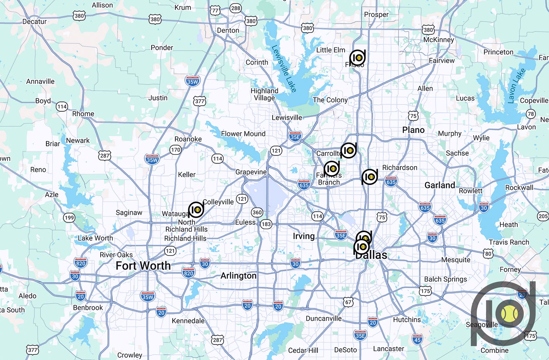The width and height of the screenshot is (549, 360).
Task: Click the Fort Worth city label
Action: click(x=143, y=266)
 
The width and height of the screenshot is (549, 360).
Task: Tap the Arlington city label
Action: click(x=238, y=276)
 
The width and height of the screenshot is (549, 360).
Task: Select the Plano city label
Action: click(x=413, y=130)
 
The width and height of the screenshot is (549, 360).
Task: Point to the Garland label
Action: click(x=440, y=185)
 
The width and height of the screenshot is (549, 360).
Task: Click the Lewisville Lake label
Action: click(x=284, y=69)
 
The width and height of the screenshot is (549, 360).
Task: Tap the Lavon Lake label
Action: click(x=517, y=86)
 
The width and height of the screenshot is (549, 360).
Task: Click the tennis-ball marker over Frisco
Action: click(x=357, y=58)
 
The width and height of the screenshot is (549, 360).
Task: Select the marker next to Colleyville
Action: click(x=196, y=209)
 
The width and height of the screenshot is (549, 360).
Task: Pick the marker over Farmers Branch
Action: click(x=332, y=168)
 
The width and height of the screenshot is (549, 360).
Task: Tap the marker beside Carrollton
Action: click(x=349, y=150)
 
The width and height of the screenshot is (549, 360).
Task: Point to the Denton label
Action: click(x=228, y=30)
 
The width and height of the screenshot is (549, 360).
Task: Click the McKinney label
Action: click(x=439, y=40)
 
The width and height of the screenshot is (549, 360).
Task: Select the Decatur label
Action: click(x=34, y=22)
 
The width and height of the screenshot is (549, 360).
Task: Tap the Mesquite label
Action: click(x=455, y=260)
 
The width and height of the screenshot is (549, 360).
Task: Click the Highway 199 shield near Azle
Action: click(x=69, y=217)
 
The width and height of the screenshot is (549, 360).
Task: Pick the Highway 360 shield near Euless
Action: click(x=257, y=212)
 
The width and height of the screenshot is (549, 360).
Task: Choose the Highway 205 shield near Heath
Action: click(x=543, y=216)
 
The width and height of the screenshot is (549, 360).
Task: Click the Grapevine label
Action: click(x=251, y=172)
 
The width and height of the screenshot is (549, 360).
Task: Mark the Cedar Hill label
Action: click(x=303, y=350)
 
